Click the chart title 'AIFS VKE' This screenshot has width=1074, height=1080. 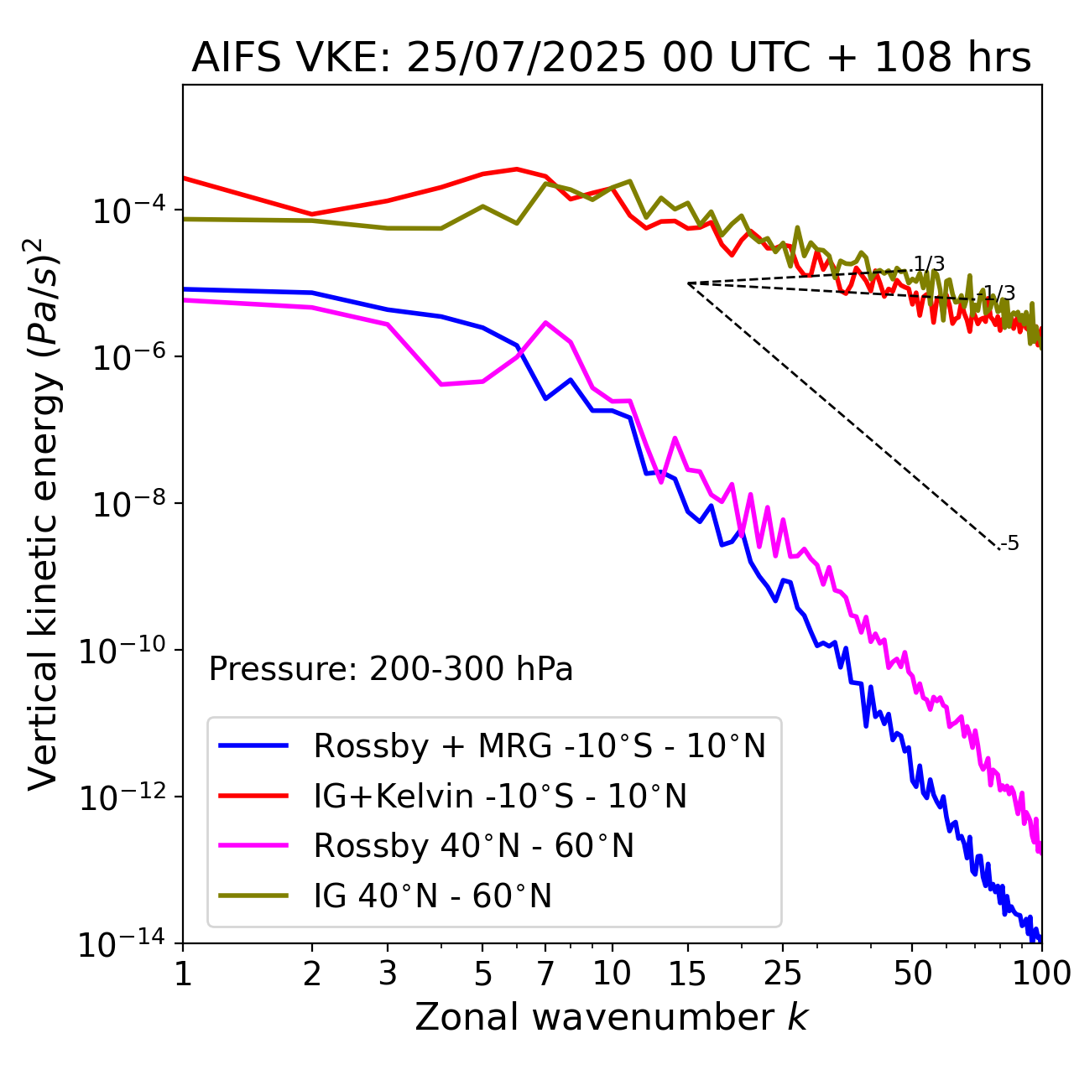pos(611,59)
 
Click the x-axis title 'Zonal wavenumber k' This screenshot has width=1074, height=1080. pos(611,1016)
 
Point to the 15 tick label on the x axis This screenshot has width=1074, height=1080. pos(687,973)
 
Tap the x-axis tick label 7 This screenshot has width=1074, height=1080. pos(545,973)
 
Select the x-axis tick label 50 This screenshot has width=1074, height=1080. pos(912,973)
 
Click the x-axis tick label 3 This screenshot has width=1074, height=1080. pos(388,973)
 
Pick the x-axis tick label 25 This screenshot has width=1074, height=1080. pos(782,973)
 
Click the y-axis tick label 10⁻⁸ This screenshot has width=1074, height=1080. pos(126,505)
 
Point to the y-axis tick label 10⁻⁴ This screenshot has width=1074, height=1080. pos(126,211)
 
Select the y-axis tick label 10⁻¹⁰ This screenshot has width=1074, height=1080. pos(126,652)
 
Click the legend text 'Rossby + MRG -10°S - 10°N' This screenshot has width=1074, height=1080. pos(540,745)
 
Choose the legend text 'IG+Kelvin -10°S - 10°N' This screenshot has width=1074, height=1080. pos(500,796)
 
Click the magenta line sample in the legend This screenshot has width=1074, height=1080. pos(253,846)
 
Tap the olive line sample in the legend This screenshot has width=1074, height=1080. pos(253,896)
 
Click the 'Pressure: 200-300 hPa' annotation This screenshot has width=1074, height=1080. pos(390,669)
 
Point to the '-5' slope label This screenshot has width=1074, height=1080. pos(1010,544)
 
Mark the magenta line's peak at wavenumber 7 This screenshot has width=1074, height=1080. pos(545,322)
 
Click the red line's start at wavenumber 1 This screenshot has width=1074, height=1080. pos(184,178)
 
